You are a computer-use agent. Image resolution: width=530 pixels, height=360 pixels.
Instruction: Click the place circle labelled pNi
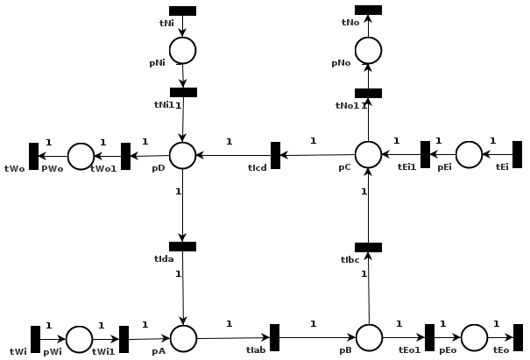click(182, 50)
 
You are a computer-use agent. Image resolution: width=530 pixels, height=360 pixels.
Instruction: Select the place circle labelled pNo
click(368, 50)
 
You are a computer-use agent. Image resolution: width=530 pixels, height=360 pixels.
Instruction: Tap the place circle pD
click(182, 155)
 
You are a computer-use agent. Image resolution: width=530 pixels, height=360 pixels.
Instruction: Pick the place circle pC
click(368, 154)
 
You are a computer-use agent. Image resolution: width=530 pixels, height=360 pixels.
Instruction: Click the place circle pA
click(183, 338)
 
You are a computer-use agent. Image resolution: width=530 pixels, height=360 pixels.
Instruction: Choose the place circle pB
click(369, 337)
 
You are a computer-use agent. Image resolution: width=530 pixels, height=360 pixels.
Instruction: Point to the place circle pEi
click(469, 154)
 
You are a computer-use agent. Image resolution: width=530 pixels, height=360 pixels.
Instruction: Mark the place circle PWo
click(81, 156)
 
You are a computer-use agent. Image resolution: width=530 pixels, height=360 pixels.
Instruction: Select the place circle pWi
click(79, 339)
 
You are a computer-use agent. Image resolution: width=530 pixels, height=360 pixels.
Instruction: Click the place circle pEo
click(474, 337)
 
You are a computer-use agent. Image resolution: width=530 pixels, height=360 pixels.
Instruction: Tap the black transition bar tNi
click(182, 11)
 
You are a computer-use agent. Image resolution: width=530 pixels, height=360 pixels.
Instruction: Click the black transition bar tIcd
click(275, 155)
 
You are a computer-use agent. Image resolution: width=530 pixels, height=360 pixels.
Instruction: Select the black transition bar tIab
click(274, 337)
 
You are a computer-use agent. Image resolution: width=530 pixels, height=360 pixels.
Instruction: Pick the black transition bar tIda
click(182, 246)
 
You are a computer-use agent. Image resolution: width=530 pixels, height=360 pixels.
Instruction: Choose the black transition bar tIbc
click(368, 247)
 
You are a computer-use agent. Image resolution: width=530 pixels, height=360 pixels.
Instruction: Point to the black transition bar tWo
click(33, 156)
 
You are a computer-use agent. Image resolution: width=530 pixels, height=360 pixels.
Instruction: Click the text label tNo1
click(347, 106)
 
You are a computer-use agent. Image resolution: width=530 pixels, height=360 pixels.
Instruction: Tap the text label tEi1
click(406, 166)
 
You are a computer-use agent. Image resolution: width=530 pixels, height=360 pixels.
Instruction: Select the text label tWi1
click(103, 351)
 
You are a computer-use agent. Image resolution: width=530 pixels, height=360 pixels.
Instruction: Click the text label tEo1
click(409, 349)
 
